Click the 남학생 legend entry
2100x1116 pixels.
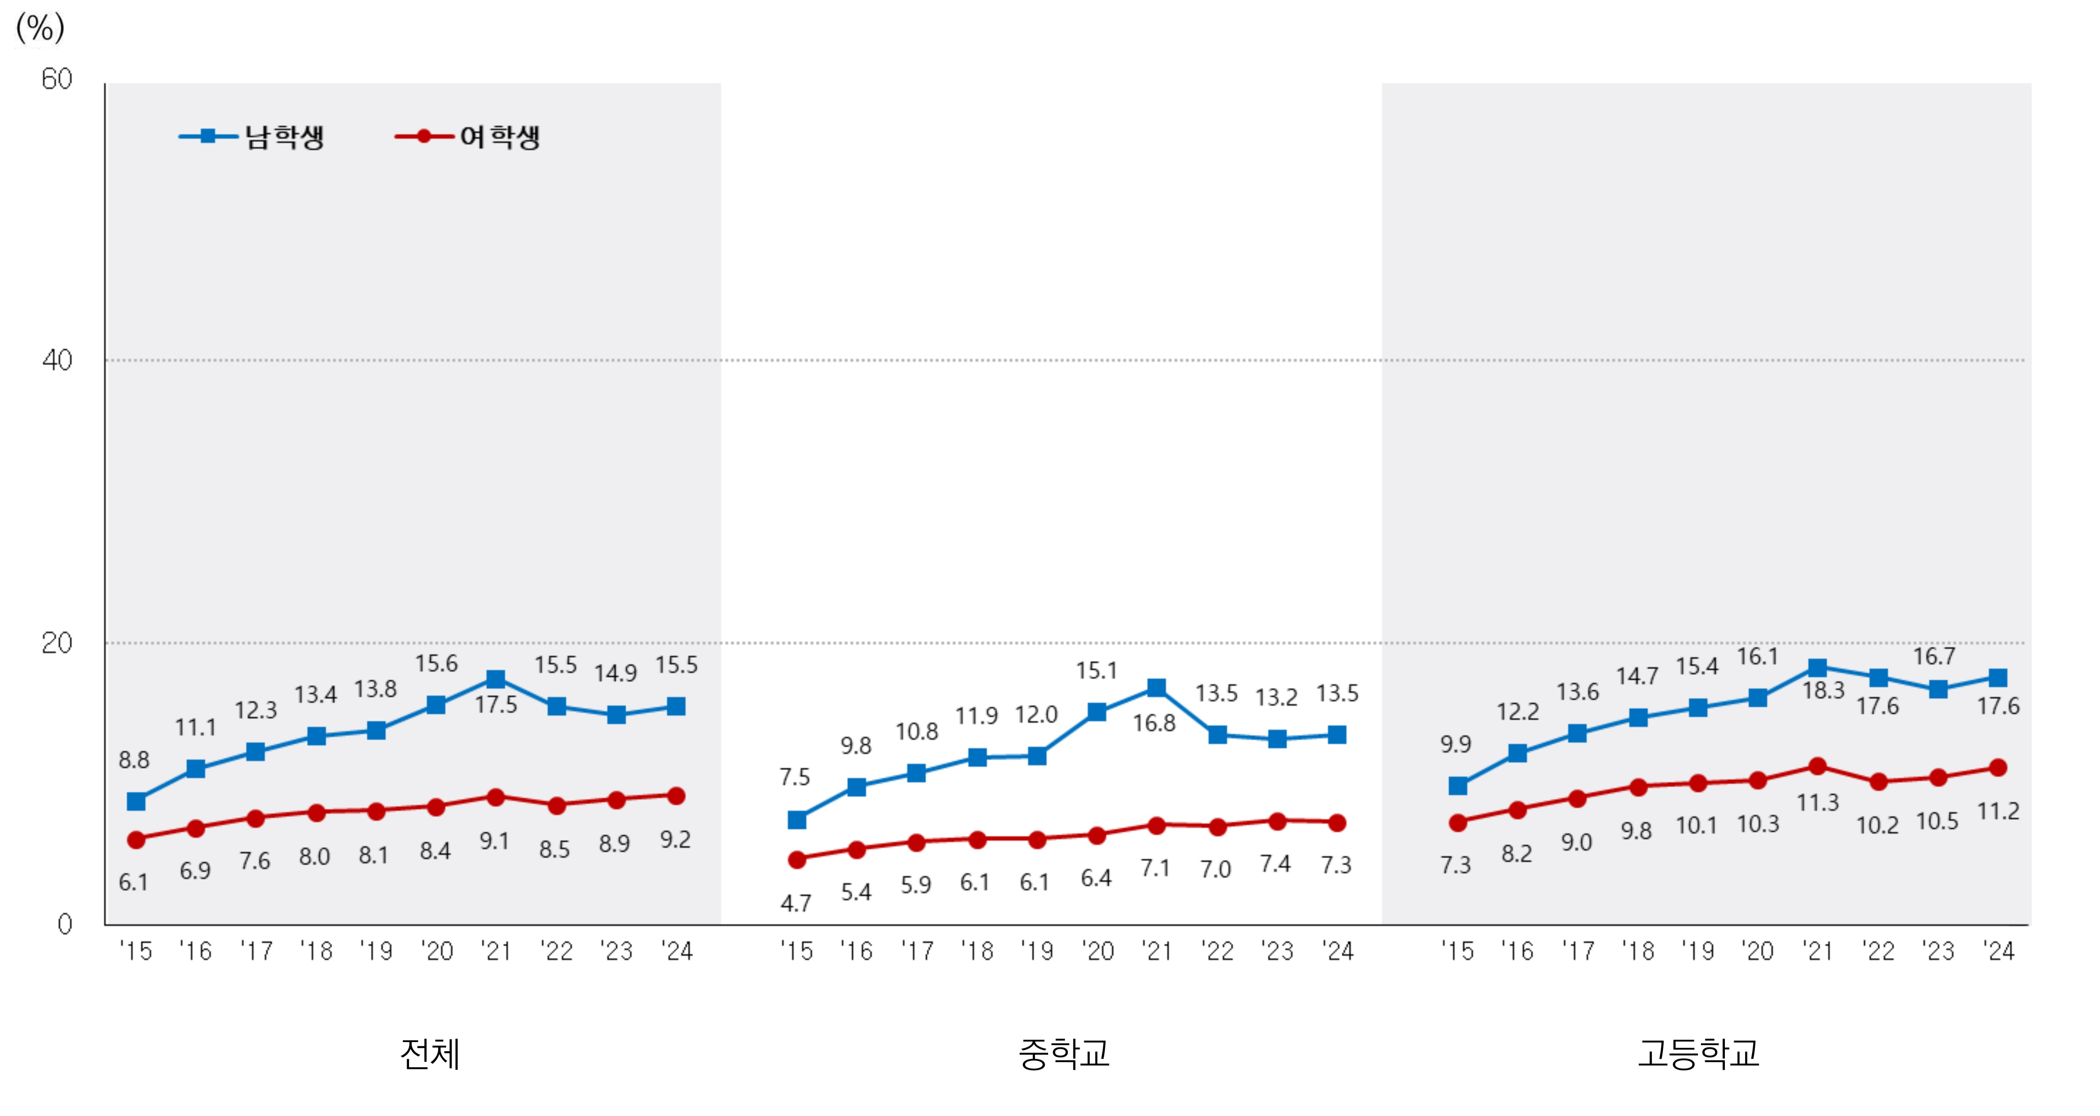coord(253,136)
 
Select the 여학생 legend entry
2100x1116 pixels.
coord(468,136)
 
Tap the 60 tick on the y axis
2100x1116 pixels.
coord(57,79)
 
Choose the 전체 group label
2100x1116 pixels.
coord(430,1053)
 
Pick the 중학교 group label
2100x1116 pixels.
coord(1064,1053)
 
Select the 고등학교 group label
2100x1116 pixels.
coord(1698,1053)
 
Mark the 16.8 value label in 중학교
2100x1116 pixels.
coord(1154,723)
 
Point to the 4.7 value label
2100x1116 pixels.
coord(796,903)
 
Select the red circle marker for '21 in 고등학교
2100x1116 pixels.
coord(1817,766)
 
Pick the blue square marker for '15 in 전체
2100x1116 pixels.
coord(136,801)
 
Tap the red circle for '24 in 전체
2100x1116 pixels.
coord(676,796)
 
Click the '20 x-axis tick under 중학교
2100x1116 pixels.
coord(1097,951)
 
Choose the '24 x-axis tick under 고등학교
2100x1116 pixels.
coord(1998,951)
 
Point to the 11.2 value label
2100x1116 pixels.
coord(1998,811)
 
